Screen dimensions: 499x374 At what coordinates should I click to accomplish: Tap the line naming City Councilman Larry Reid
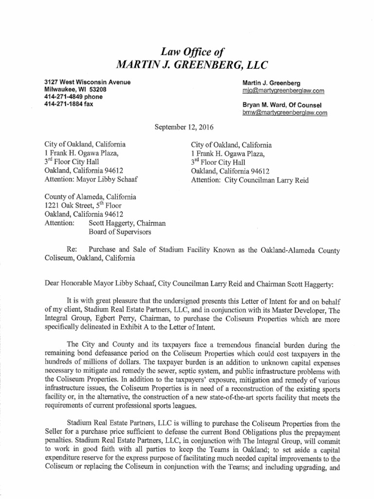pyautogui.click(x=250, y=180)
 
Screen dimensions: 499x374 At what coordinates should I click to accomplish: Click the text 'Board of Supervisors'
pyautogui.click(x=120, y=232)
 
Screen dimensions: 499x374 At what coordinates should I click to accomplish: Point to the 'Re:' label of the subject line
pyautogui.click(x=73, y=250)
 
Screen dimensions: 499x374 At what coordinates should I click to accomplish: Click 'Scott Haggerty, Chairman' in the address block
pyautogui.click(x=127, y=223)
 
